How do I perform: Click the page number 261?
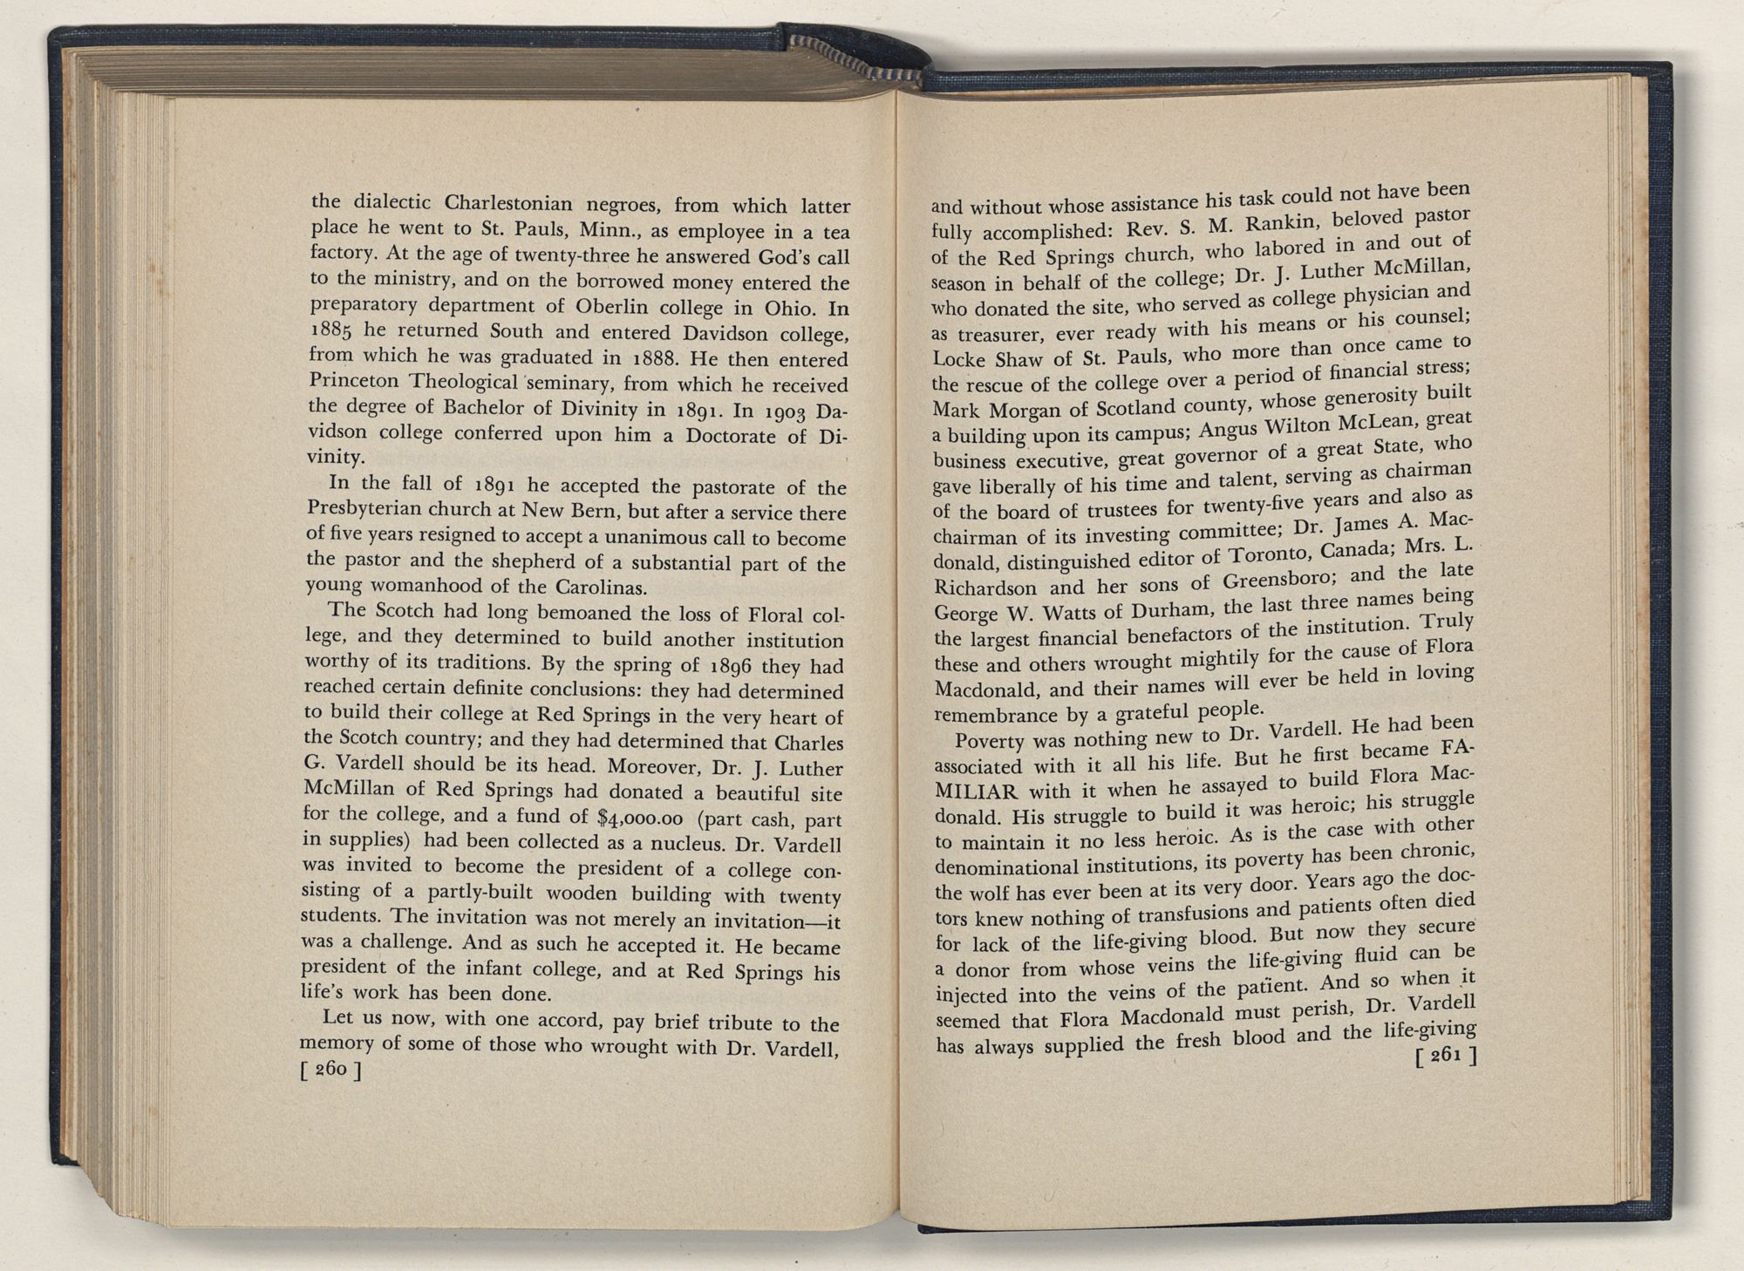1444,1057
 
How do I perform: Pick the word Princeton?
353,381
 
